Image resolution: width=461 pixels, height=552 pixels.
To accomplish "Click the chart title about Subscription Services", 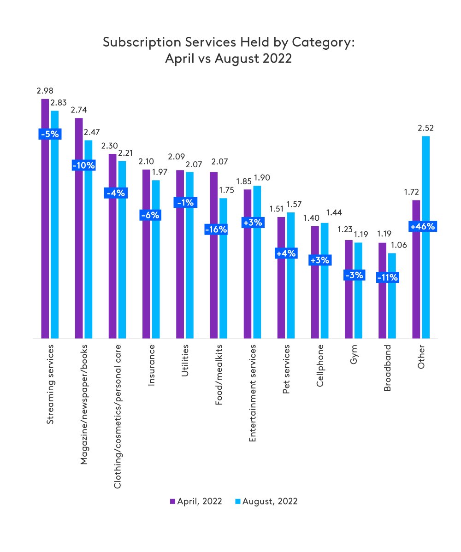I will [x=229, y=51].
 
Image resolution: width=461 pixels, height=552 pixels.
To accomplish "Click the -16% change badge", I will [x=216, y=229].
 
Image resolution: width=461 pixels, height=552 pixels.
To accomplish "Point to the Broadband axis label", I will [x=387, y=367].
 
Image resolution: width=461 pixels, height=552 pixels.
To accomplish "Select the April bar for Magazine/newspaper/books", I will [x=78, y=228].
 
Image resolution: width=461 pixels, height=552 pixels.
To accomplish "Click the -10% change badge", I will [x=83, y=165].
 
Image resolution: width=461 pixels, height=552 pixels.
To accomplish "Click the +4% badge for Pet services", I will [x=286, y=253].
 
